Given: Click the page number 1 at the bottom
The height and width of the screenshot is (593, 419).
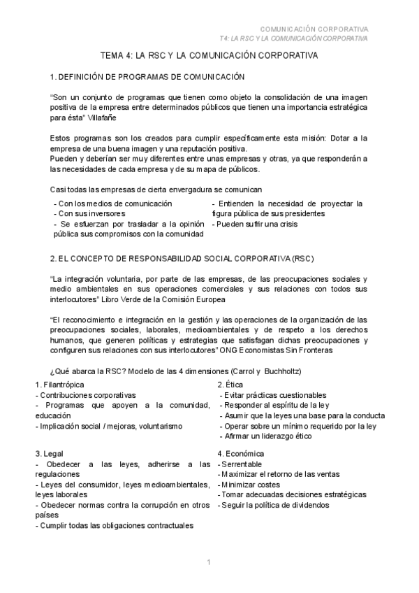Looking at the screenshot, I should click(x=209, y=563).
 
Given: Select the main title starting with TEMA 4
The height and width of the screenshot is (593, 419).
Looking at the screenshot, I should click(x=209, y=55).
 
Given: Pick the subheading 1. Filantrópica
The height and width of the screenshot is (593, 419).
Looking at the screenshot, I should click(x=60, y=385).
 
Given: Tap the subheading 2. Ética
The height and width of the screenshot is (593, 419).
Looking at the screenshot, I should click(x=230, y=385).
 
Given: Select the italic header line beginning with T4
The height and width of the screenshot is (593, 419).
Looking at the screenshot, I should click(x=293, y=38).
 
